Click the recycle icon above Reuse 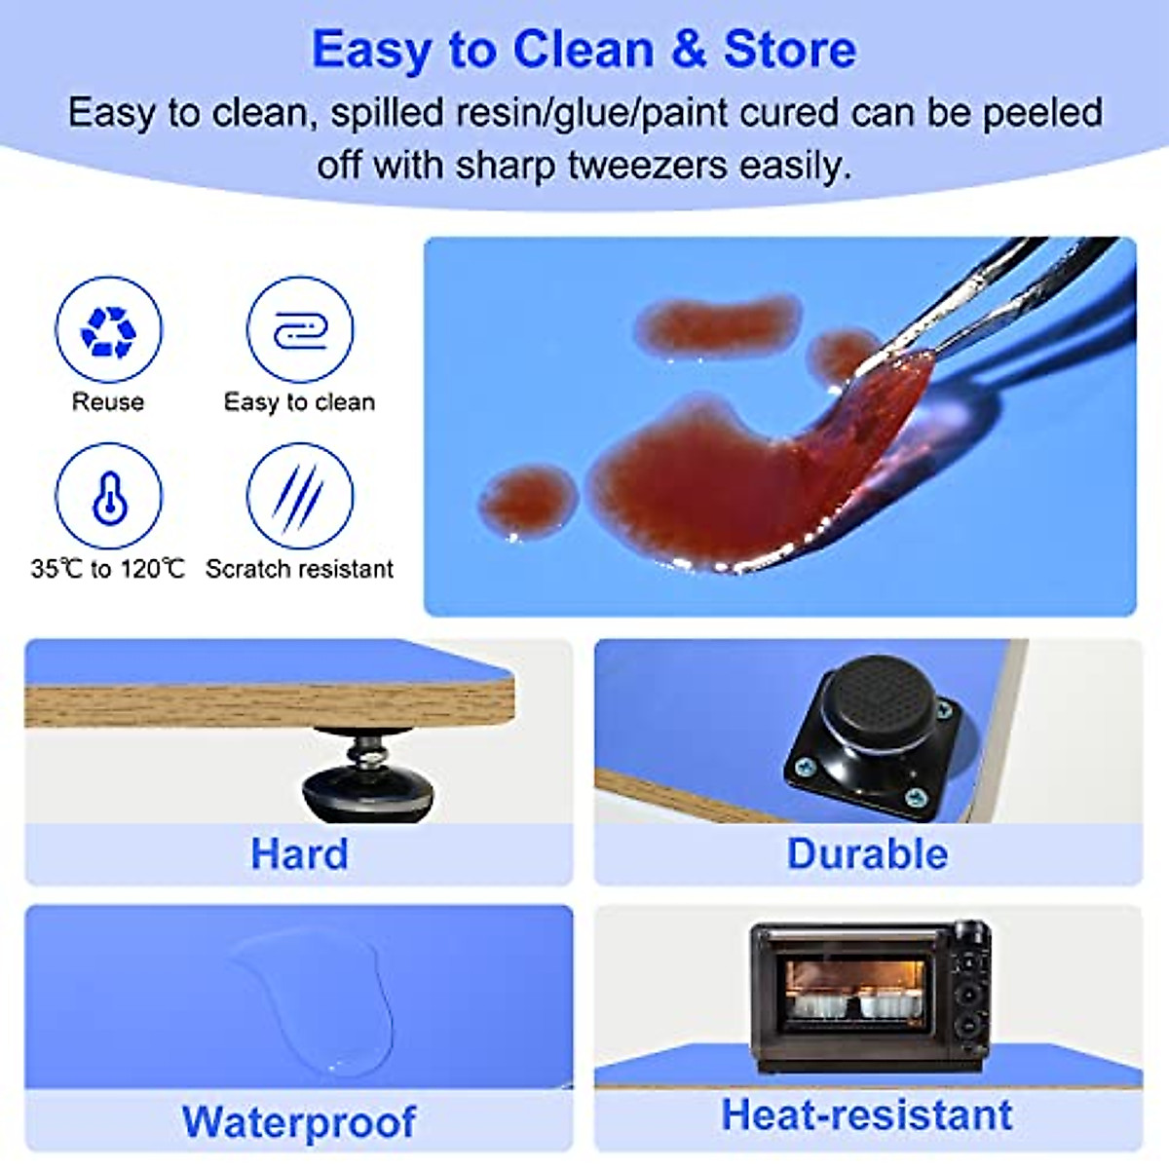pos(108,330)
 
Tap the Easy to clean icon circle pos(299,330)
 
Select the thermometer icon pos(108,497)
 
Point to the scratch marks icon pos(299,497)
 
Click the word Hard pos(299,854)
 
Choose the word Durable pos(867,854)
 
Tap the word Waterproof pos(299,1122)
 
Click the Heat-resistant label pos(867,1115)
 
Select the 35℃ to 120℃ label pos(108,569)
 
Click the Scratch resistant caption pos(299,569)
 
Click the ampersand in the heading pos(688,50)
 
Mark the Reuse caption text pos(108,402)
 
